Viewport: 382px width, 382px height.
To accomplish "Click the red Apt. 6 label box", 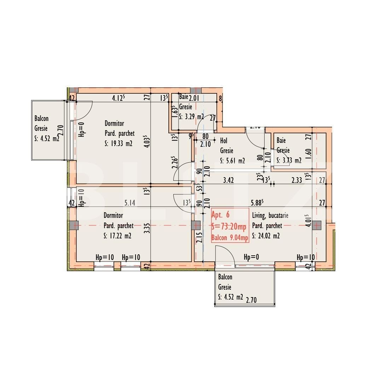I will pyautogui.click(x=230, y=226).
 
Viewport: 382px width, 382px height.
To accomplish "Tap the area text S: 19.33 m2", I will pyautogui.click(x=119, y=144).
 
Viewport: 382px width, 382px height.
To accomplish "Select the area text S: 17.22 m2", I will pyautogui.click(x=118, y=236).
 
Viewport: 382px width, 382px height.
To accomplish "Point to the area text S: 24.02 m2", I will pyautogui.click(x=266, y=236).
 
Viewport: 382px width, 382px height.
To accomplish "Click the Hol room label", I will pyautogui.click(x=224, y=141).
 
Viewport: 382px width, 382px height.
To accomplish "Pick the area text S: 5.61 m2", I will pyautogui.click(x=232, y=161).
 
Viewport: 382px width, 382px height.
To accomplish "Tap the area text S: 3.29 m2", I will pyautogui.click(x=191, y=116).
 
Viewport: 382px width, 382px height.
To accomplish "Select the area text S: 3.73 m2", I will pyautogui.click(x=289, y=161).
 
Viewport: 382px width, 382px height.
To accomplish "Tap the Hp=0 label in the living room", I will pyautogui.click(x=252, y=257).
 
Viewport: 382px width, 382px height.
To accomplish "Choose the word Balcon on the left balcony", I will pyautogui.click(x=41, y=119).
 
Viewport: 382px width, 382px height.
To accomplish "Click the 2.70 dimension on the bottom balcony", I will pyautogui.click(x=251, y=300).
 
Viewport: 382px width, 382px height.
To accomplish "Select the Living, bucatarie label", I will pyautogui.click(x=270, y=215).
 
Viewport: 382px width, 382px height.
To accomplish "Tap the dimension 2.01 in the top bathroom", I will pyautogui.click(x=195, y=98).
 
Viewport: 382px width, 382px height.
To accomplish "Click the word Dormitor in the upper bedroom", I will pyautogui.click(x=114, y=123).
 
